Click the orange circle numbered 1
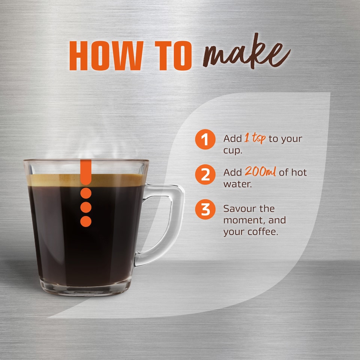click(205, 139)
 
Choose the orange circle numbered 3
click(205, 210)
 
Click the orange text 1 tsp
click(255, 138)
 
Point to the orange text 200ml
click(261, 172)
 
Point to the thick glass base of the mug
click(86, 287)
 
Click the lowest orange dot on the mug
click(86, 221)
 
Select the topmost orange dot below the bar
click(86, 193)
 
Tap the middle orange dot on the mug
click(86, 207)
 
